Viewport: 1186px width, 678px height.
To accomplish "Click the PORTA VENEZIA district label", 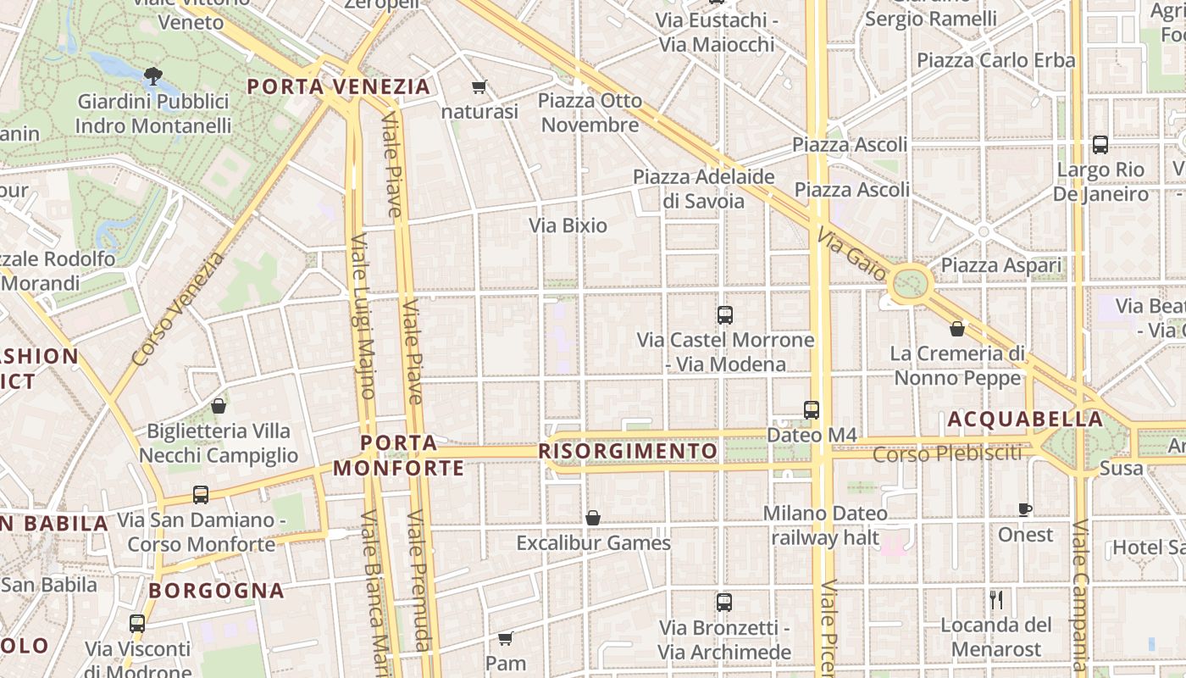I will [x=339, y=86].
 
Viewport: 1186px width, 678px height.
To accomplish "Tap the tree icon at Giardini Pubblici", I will [x=153, y=76].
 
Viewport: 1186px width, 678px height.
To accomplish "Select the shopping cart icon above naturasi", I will [x=479, y=86].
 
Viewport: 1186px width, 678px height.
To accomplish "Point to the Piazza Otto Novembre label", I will [x=590, y=113].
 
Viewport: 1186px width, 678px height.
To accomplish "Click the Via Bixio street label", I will [x=568, y=225].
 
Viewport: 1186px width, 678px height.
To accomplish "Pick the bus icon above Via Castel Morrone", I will [x=725, y=315].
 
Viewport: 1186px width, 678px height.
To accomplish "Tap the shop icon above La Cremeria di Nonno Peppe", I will [x=957, y=329].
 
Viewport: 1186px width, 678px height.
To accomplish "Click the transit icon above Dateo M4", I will [x=812, y=410].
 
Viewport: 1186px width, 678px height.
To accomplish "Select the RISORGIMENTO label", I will [x=629, y=451].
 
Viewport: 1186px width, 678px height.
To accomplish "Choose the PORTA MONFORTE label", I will [x=399, y=455].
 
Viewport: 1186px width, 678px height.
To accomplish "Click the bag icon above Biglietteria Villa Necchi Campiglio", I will [x=219, y=406].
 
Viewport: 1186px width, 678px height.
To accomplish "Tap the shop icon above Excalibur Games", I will [x=593, y=518].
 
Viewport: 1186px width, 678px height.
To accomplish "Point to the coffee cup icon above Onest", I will [x=1025, y=509].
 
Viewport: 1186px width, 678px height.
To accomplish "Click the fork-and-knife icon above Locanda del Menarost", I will [x=996, y=600].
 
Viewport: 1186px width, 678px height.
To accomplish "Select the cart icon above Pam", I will [x=506, y=638].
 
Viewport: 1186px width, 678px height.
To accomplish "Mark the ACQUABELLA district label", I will [x=1025, y=419].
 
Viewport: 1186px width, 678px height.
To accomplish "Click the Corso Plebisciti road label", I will [x=947, y=454].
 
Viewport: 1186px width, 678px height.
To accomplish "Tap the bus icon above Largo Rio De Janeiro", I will [x=1100, y=145].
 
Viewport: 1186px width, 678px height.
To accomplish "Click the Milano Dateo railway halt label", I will [x=825, y=525].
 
